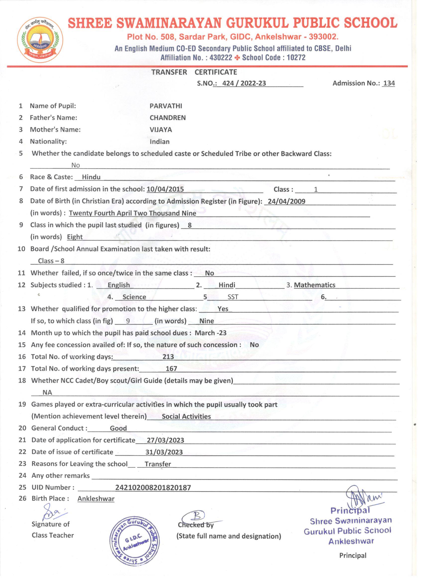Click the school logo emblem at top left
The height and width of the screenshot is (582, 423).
coord(40,41)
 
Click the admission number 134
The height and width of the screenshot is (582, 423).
coord(389,83)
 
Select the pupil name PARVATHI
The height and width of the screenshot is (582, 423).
coord(166,106)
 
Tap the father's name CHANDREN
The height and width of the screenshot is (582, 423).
coord(167,118)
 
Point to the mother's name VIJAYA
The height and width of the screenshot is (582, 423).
coord(160,130)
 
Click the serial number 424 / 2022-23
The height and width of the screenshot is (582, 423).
coord(244,83)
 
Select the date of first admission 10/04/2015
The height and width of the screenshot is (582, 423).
coord(165,189)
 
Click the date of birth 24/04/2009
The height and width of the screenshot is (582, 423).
coord(286,201)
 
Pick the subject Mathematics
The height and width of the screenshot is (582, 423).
coord(315,285)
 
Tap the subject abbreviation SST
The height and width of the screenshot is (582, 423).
coord(233,297)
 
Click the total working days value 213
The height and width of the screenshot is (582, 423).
coord(168,357)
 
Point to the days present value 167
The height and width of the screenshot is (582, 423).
coord(171,369)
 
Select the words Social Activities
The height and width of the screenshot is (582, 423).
coord(186,416)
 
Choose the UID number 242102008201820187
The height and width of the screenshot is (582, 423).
coord(153,488)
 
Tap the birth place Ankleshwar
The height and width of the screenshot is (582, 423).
coord(96,499)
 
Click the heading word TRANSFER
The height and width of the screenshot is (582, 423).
coord(169,72)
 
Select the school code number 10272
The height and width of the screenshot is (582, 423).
coord(296,58)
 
